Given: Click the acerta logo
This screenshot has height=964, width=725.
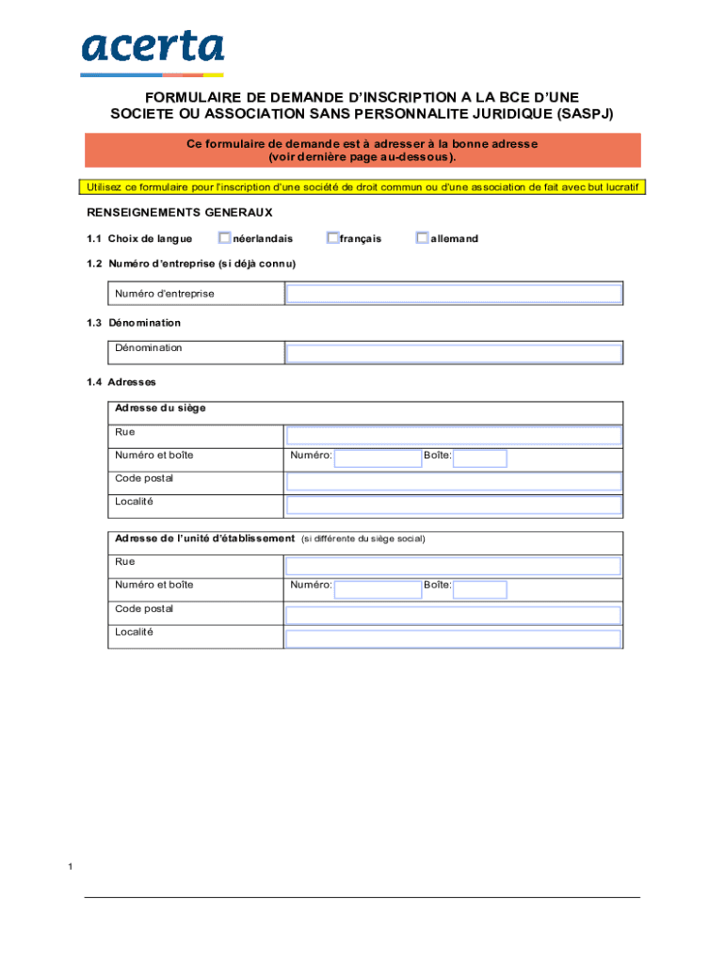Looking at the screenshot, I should click(152, 51).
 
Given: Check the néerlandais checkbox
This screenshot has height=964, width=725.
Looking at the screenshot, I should click(225, 238).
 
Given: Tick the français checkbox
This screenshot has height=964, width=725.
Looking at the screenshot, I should click(332, 238).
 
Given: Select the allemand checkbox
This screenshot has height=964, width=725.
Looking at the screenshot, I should click(423, 238).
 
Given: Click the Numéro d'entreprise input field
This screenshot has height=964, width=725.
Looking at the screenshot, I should click(454, 294).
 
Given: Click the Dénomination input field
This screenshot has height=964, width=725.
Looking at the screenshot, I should click(454, 354).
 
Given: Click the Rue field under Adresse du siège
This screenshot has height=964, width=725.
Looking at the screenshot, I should click(454, 435).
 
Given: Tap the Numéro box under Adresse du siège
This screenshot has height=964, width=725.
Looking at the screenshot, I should click(378, 458).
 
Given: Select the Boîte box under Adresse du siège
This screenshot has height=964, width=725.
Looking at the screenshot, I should click(480, 458).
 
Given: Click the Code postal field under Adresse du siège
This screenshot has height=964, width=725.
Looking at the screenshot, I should click(454, 481).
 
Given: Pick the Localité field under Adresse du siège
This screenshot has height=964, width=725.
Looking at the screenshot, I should click(454, 505).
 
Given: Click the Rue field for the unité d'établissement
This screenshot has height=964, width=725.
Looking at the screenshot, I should click(454, 566).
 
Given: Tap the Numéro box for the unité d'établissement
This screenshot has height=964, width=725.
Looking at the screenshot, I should click(378, 589).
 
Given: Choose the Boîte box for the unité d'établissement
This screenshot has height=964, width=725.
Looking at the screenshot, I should click(480, 589).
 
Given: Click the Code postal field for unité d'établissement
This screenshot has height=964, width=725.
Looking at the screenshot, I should click(454, 615).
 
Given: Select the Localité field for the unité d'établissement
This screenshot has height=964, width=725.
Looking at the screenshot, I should click(454, 638).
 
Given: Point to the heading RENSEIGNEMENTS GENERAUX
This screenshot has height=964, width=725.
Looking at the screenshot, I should click(180, 213).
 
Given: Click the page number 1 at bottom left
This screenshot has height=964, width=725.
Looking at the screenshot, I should click(71, 866).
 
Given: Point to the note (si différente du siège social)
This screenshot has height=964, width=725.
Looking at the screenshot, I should click(362, 539).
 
